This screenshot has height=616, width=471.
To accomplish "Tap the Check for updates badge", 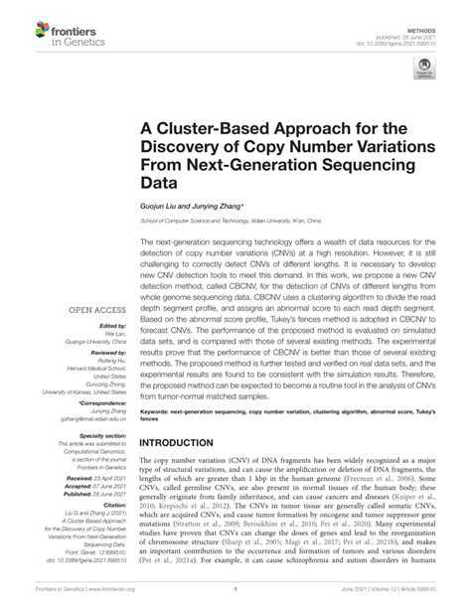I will [x=424, y=71].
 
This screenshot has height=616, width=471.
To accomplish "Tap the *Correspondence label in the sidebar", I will [x=97, y=374].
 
